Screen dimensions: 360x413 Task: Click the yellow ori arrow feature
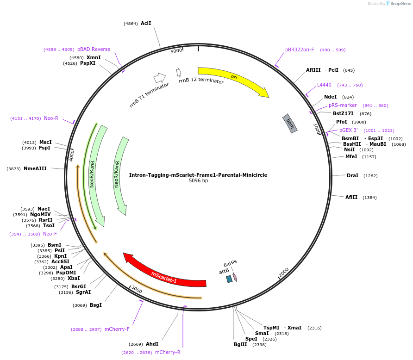pyautogui.click(x=234, y=78)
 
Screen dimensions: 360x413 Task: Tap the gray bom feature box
pyautogui.click(x=290, y=124)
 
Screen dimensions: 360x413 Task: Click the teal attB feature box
pyautogui.click(x=229, y=279)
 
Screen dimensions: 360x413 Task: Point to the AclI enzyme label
pyautogui.click(x=146, y=23)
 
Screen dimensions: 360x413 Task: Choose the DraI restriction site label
pyautogui.click(x=352, y=175)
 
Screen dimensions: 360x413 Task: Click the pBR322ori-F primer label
pyautogui.click(x=300, y=50)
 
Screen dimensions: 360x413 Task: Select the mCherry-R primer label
pyautogui.click(x=168, y=352)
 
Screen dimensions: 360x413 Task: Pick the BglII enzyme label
pyautogui.click(x=240, y=344)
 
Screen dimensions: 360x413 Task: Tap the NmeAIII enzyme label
pyautogui.click(x=35, y=168)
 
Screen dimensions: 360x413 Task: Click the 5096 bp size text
pyautogui.click(x=198, y=181)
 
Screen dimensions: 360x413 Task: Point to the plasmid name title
pyautogui.click(x=198, y=175)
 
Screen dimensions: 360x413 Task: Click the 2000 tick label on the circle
pyautogui.click(x=283, y=271)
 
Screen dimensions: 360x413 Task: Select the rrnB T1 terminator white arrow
pyautogui.click(x=160, y=77)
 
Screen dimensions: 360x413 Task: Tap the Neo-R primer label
pyautogui.click(x=51, y=118)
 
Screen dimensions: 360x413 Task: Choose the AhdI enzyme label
pyautogui.click(x=152, y=344)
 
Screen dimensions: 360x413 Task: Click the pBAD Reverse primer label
pyautogui.click(x=94, y=49)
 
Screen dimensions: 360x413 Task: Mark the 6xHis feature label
pyautogui.click(x=230, y=262)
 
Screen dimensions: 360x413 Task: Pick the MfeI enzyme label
pyautogui.click(x=351, y=156)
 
